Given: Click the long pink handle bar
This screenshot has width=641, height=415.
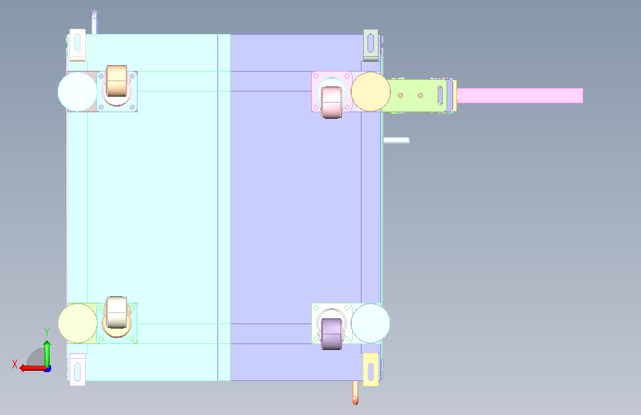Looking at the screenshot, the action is tap(520, 95).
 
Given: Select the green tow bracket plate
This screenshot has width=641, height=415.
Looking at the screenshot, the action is tap(418, 95).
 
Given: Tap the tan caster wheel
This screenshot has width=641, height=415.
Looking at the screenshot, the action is tap(117, 81).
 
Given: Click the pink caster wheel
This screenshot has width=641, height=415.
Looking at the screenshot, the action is tap(331, 103).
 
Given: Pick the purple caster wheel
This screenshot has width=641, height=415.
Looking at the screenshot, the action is tap(331, 334).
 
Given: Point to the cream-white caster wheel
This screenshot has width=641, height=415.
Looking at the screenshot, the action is tap(117, 312).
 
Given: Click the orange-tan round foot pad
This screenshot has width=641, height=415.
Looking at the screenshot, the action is tap(371, 92).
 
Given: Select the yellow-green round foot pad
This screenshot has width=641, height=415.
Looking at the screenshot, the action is tap(78, 323).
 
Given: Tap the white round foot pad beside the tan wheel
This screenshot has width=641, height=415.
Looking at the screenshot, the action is tap(78, 92).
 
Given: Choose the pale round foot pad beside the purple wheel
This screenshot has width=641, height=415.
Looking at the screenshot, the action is tap(370, 323).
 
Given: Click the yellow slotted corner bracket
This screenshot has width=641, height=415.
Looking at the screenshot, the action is tap(371, 370).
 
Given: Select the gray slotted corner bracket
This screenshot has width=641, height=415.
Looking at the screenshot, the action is tap(371, 45).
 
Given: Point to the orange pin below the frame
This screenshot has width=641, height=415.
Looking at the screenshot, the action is tap(355, 393).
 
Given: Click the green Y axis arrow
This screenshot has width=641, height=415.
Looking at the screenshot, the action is tap(47, 354).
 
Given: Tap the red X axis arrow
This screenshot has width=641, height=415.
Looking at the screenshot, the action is tap(33, 368).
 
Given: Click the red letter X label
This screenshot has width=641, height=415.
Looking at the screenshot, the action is tap(15, 364).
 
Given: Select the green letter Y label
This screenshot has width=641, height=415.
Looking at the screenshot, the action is tap(47, 332).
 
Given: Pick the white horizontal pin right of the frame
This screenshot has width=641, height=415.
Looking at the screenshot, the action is tap(396, 140).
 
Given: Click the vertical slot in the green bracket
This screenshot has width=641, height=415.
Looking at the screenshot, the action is tap(440, 95).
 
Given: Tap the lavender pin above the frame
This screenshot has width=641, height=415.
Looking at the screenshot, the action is tap(94, 22).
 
